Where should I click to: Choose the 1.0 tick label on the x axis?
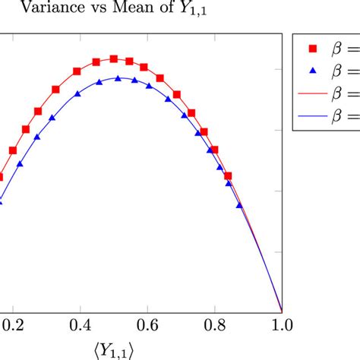[282, 324]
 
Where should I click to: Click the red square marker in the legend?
[311, 49]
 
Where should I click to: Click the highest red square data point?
[114, 58]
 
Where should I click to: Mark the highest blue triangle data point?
[118, 78]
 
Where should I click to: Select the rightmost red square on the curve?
[227, 175]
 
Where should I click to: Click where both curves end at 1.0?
[282, 311]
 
